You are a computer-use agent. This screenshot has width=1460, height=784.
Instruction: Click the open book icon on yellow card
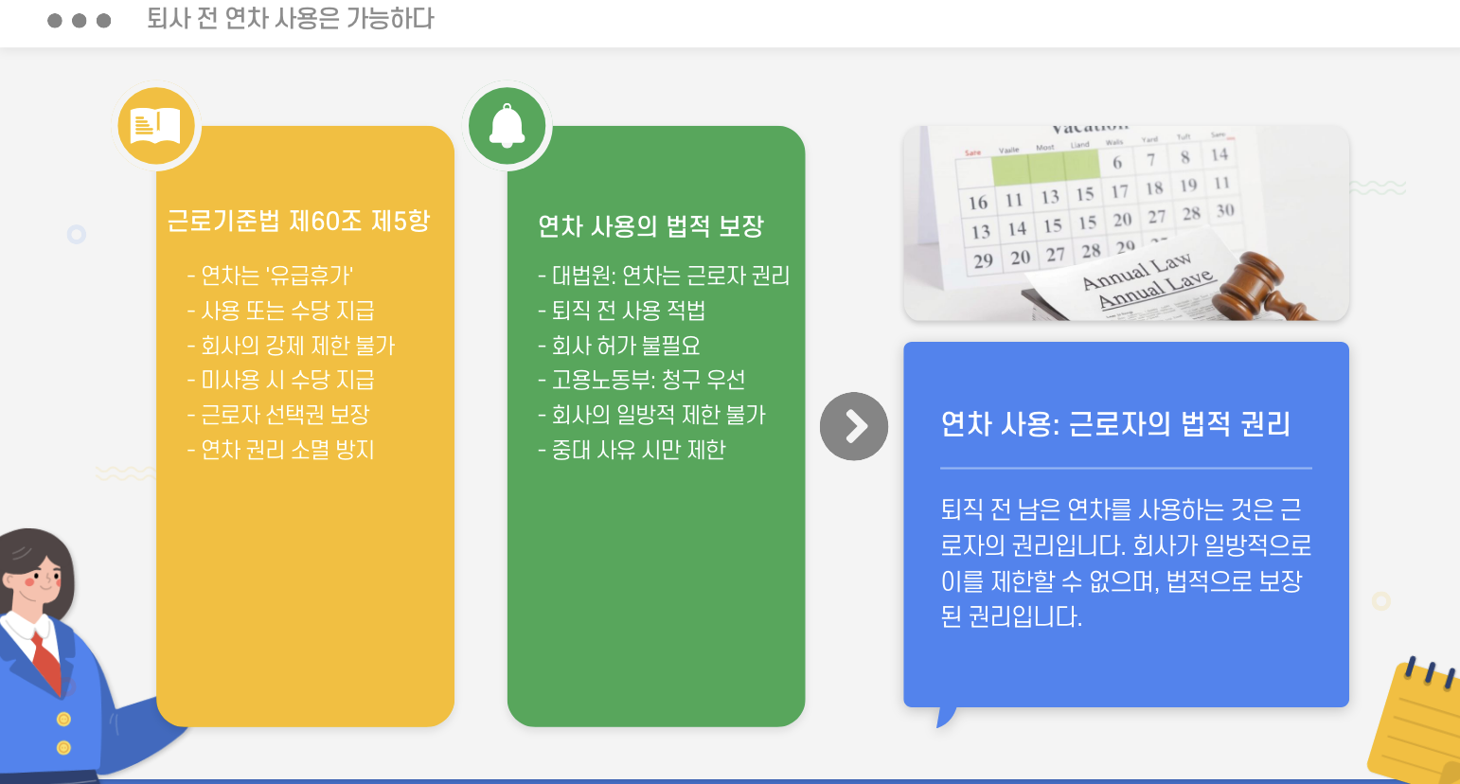click(x=156, y=125)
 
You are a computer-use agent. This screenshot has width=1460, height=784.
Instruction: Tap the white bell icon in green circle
click(x=507, y=125)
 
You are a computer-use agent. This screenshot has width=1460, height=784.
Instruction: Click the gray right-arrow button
click(x=854, y=426)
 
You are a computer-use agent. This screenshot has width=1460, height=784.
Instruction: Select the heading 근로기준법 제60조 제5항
click(x=298, y=221)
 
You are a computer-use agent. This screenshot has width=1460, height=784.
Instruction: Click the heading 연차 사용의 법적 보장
click(x=650, y=226)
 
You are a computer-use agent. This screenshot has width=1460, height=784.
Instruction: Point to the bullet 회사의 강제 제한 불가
click(x=291, y=346)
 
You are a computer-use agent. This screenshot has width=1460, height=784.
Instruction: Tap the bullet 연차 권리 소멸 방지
click(x=281, y=450)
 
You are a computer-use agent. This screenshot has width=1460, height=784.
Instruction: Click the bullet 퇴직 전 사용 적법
click(x=622, y=311)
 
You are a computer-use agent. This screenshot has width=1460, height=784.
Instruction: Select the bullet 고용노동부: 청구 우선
click(x=642, y=380)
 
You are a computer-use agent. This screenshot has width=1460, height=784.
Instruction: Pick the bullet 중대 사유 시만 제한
click(x=632, y=450)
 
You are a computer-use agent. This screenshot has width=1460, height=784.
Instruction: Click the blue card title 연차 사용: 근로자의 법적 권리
click(x=1115, y=423)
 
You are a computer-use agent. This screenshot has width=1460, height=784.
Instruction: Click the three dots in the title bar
click(x=80, y=21)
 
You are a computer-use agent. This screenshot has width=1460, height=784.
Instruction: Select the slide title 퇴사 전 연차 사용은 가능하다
click(x=290, y=19)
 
